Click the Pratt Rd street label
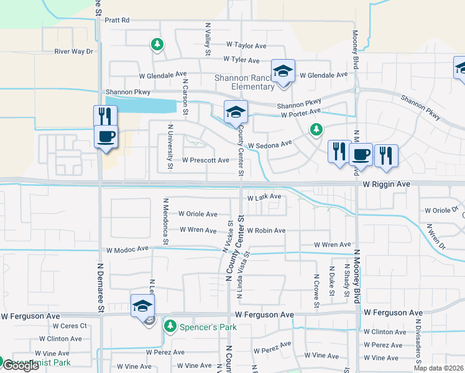click(x=117, y=20)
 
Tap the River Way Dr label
click(x=73, y=52)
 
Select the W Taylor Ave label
click(x=246, y=45)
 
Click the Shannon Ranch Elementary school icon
click(x=283, y=70)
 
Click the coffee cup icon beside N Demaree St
click(x=106, y=136)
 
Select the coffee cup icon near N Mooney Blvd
click(x=361, y=154)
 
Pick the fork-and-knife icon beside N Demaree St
click(x=105, y=116)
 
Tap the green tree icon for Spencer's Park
click(x=170, y=325)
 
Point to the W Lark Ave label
click(x=265, y=197)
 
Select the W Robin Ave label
click(x=265, y=230)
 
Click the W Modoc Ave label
click(x=127, y=249)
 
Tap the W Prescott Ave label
click(x=206, y=160)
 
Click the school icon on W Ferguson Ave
click(x=142, y=306)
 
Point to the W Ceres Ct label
click(x=70, y=326)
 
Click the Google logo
click(x=21, y=366)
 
